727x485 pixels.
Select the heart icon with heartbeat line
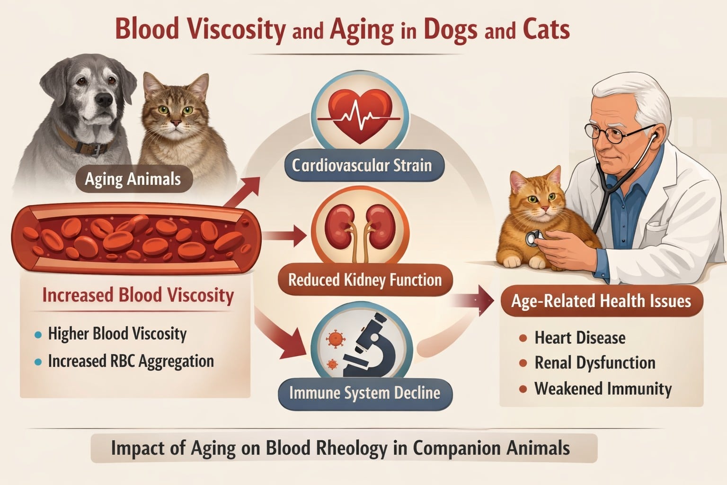(360, 115)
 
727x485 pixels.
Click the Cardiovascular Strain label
(362, 166)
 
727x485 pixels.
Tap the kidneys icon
(360, 232)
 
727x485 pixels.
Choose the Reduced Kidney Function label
(365, 280)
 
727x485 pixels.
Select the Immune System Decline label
(365, 393)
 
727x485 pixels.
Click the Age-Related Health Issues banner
(602, 301)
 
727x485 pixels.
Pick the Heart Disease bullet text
(580, 338)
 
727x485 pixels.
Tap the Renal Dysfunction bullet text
(595, 363)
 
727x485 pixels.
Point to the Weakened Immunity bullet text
(603, 389)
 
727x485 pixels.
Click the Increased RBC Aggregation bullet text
(131, 361)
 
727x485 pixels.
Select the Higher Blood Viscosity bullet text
(117, 334)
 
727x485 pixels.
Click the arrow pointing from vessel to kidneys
(284, 236)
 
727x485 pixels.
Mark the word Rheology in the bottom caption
(352, 449)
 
